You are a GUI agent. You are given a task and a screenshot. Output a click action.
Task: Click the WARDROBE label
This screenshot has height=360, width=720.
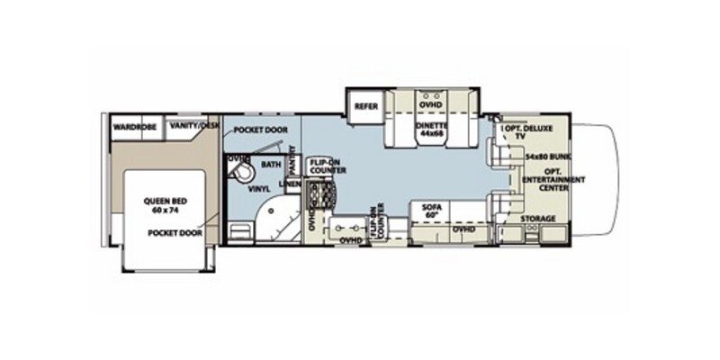coord(135,128)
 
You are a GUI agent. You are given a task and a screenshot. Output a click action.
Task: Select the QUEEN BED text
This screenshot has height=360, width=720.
coord(164,202)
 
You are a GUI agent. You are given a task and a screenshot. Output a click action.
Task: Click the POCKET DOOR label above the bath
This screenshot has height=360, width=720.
coord(259,130)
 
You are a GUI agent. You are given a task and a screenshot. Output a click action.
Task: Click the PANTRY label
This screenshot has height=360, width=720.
coord(292,164)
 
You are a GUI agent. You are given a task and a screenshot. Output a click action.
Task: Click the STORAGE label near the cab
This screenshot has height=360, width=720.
coord(537,219)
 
